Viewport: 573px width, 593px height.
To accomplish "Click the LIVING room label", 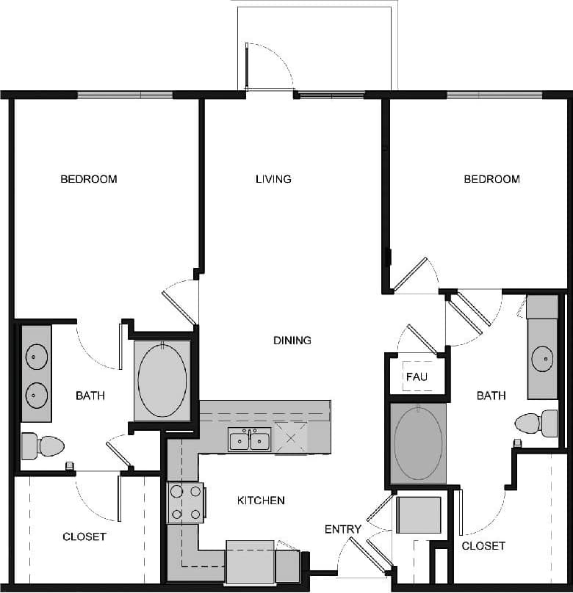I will click(x=273, y=179).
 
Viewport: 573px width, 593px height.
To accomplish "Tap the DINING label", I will click(x=292, y=341).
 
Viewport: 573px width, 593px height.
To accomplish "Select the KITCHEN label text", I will click(x=261, y=501).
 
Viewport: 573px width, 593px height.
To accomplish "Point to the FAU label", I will click(x=417, y=377).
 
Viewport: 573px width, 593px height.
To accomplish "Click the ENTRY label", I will click(x=343, y=529).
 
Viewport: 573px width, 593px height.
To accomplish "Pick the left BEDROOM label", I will click(x=88, y=179).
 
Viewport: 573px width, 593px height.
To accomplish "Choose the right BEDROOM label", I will click(x=491, y=179).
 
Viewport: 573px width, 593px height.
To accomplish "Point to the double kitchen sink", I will click(x=249, y=440).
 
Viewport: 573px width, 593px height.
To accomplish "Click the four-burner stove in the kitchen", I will click(x=186, y=503).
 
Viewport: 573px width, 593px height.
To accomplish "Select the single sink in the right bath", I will click(x=543, y=360).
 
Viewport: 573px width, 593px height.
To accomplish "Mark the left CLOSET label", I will click(x=84, y=537).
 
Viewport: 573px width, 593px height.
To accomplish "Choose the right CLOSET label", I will click(x=483, y=546).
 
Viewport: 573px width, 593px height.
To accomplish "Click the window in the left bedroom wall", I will click(x=125, y=95).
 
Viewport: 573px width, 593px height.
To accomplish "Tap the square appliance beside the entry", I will click(x=419, y=514).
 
